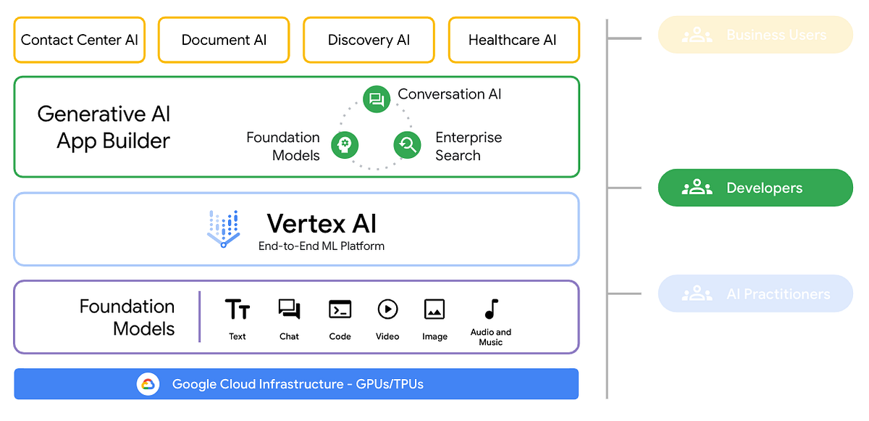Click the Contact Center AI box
coord(79,40)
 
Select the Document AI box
coord(224,40)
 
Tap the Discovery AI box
coord(369,40)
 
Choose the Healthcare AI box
coord(513,40)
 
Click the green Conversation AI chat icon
coord(376,99)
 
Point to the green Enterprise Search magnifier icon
coord(407,145)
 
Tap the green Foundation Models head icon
coord(345,145)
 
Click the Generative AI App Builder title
coord(105,127)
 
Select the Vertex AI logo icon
coord(223,228)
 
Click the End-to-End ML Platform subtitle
coord(321,246)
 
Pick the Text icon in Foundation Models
coord(238,309)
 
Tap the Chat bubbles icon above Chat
coord(289,309)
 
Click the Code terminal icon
coord(340,309)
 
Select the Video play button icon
coord(387,309)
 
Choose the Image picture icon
coord(434,309)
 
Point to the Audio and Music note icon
coord(491,309)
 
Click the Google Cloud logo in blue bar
coord(148,384)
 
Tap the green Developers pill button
coord(755,188)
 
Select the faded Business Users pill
coord(755,35)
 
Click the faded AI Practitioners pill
coord(755,293)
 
